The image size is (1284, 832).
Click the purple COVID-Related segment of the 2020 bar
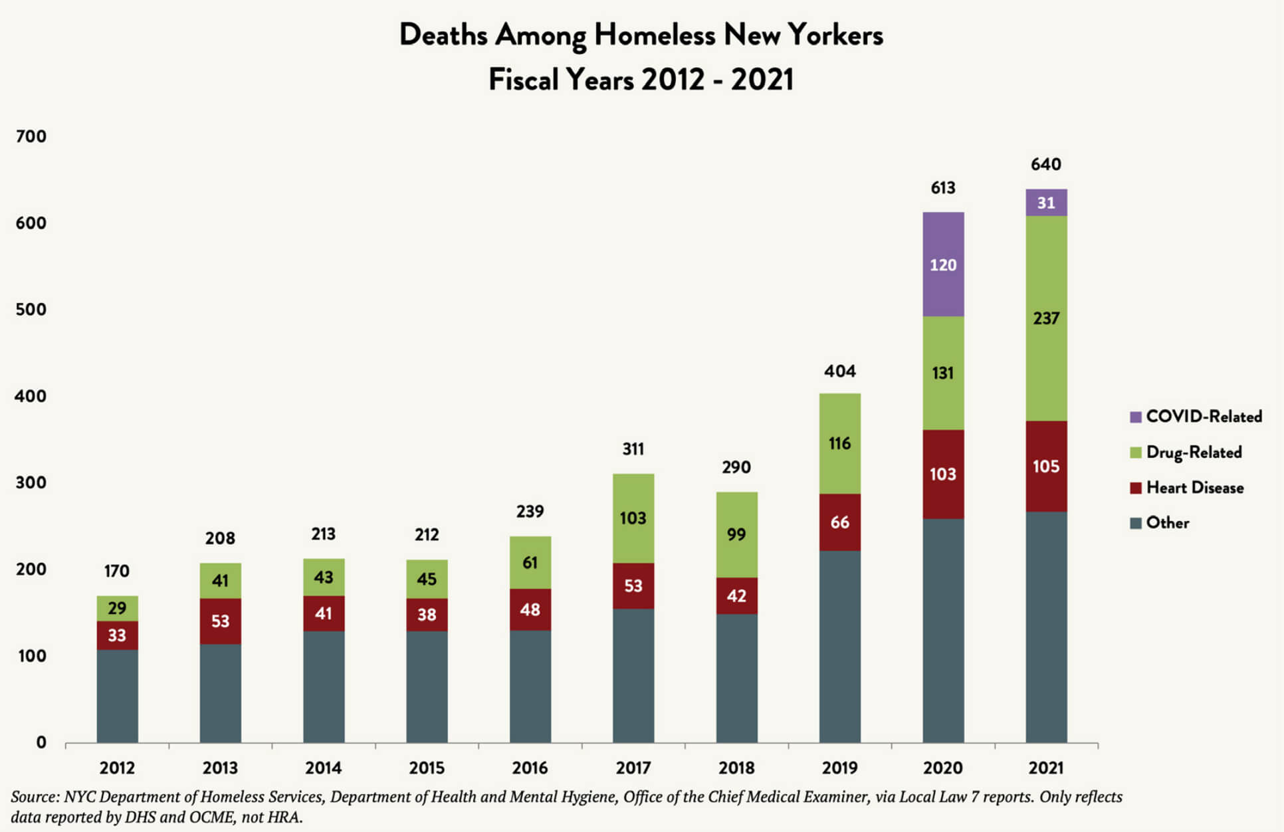click(x=942, y=264)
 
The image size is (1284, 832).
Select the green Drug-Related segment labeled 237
click(x=1045, y=318)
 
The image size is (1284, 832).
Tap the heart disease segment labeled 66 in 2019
click(x=839, y=522)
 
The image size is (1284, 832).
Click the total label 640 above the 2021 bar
click(x=1045, y=164)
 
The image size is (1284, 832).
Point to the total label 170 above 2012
click(x=117, y=571)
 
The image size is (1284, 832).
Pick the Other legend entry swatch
click(x=1136, y=523)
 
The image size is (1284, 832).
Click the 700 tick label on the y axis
click(x=31, y=136)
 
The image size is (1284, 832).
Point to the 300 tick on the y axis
click(x=31, y=482)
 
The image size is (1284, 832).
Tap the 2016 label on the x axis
click(x=530, y=768)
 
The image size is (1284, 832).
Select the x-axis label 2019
click(x=839, y=768)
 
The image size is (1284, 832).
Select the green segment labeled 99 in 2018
click(x=736, y=534)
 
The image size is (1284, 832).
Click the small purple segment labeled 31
click(x=1045, y=203)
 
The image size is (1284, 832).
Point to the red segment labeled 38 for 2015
click(x=427, y=615)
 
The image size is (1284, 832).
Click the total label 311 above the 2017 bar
click(x=633, y=449)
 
